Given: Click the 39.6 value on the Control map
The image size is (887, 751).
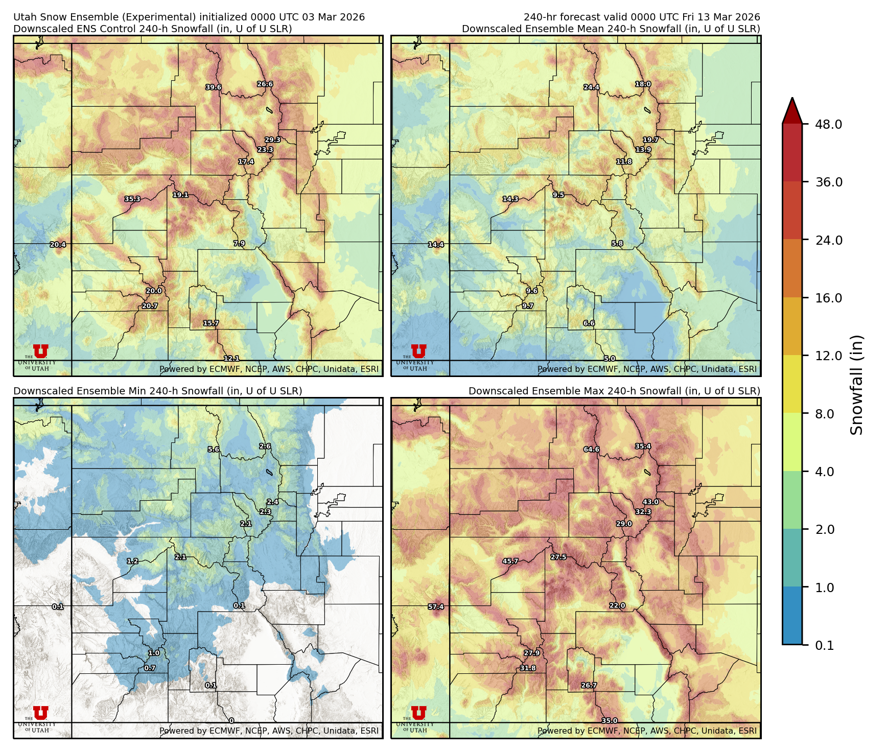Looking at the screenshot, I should [x=214, y=87].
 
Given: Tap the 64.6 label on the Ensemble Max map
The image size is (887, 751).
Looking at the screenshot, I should [x=591, y=450].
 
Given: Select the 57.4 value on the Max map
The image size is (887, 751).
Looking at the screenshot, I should [x=436, y=607].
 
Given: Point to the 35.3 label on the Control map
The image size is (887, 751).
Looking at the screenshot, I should [x=132, y=199].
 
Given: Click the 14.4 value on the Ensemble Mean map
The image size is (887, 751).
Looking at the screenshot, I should [x=436, y=245].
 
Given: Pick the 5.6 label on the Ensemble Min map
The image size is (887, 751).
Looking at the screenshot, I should [x=214, y=450].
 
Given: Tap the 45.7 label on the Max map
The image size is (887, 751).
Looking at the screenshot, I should [x=510, y=561].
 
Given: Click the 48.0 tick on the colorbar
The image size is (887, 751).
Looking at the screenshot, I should [x=828, y=124].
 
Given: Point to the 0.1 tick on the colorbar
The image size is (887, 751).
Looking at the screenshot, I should [x=824, y=645].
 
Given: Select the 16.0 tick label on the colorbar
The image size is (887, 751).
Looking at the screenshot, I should [x=828, y=298].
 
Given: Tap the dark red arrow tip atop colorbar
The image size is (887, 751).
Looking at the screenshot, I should [x=792, y=108].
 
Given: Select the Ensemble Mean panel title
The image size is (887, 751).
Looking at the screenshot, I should [x=611, y=29].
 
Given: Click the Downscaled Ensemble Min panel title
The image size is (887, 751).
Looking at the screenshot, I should [x=157, y=391].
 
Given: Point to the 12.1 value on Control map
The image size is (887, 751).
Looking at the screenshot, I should [x=231, y=359].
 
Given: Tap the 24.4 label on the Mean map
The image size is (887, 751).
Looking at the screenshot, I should [x=591, y=87].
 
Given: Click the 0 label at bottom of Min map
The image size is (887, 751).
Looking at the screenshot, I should [x=231, y=720].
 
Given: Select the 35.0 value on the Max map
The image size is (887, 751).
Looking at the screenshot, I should [x=609, y=720].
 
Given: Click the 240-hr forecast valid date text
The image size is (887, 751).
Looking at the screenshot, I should [x=641, y=17].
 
